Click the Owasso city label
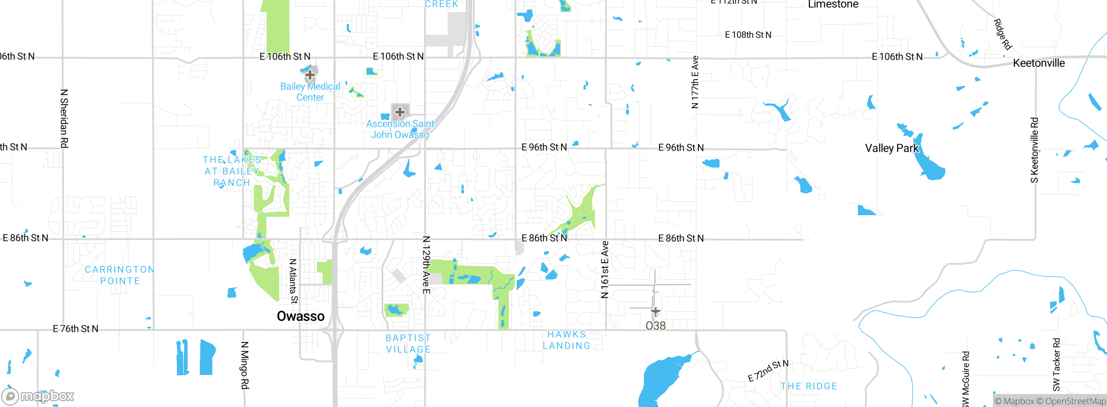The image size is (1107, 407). (301, 316)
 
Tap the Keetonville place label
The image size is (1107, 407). (1039, 63)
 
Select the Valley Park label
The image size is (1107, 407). (892, 148)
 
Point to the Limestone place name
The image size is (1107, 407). (833, 5)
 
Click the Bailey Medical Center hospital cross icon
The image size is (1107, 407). (310, 75)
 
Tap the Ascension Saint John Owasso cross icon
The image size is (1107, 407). (400, 112)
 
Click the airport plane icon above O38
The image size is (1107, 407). (656, 311)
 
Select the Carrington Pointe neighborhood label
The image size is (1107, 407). (120, 275)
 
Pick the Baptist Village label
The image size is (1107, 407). (408, 343)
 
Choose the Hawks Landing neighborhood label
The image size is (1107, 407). (566, 340)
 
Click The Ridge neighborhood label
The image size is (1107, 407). (809, 386)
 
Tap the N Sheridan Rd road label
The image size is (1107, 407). (64, 119)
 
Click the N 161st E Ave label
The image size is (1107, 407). (605, 269)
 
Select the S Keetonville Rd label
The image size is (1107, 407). (1034, 150)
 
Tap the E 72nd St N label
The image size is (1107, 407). (768, 371)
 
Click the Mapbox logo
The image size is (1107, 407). (38, 396)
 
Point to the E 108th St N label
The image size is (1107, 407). (748, 35)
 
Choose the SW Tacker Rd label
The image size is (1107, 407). (1056, 364)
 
